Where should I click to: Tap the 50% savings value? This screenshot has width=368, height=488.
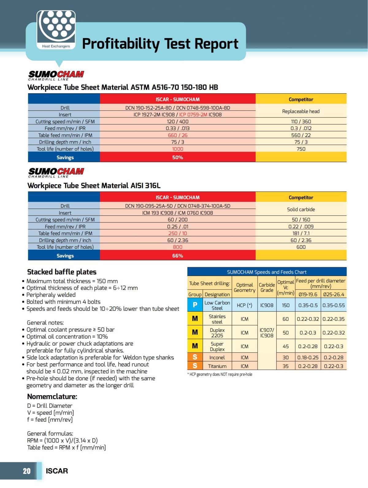point(178,157)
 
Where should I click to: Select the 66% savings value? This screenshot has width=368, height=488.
point(178,256)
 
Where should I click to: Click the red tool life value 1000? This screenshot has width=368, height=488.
point(178,149)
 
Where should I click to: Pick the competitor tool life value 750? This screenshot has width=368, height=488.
point(301,149)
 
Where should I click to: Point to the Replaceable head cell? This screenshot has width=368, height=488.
point(301,111)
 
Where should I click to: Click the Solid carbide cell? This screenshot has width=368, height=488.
point(301,209)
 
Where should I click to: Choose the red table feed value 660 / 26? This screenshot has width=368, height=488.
point(178,135)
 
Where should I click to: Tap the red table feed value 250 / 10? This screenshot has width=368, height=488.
point(178,233)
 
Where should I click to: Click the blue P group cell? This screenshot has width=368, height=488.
point(195,305)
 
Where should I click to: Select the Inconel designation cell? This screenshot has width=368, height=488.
point(217,357)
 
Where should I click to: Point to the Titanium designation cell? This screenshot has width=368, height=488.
point(217,366)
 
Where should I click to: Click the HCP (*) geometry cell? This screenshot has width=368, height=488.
point(244,305)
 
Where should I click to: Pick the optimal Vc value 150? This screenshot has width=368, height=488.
point(286,305)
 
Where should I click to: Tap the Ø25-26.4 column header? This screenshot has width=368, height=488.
point(334,294)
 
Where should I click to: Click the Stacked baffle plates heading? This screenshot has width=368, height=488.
point(62,272)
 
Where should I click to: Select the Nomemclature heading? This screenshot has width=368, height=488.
point(52,396)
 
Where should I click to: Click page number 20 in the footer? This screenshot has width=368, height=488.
point(27,471)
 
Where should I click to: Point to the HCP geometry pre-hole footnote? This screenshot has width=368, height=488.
point(220,374)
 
